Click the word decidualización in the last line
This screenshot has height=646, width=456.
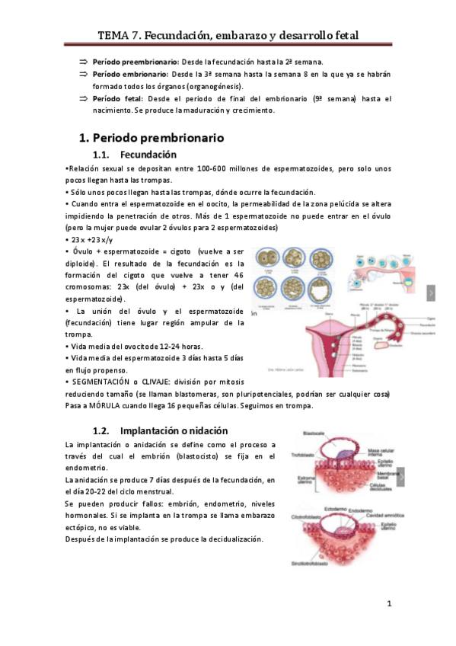click(231, 539)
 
